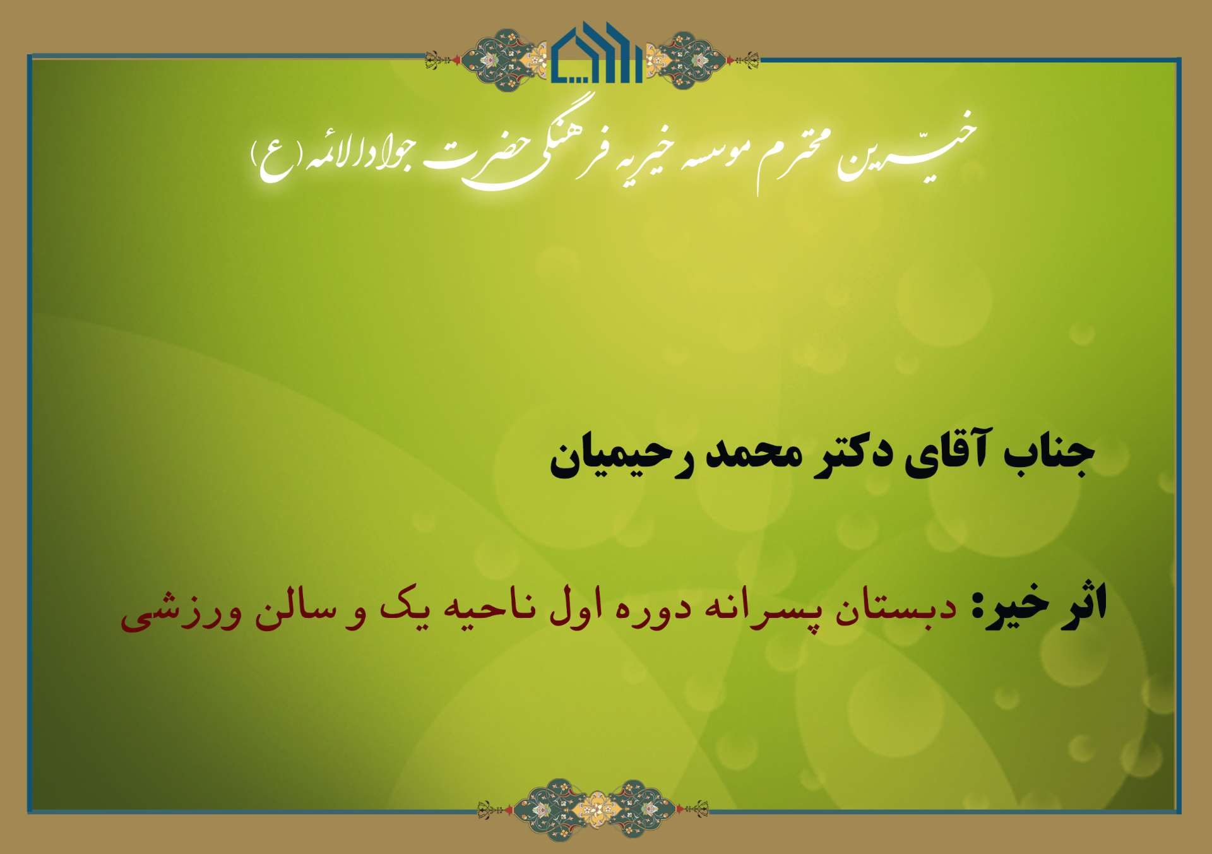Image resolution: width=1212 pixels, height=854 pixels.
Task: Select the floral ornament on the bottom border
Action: click(x=593, y=810)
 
